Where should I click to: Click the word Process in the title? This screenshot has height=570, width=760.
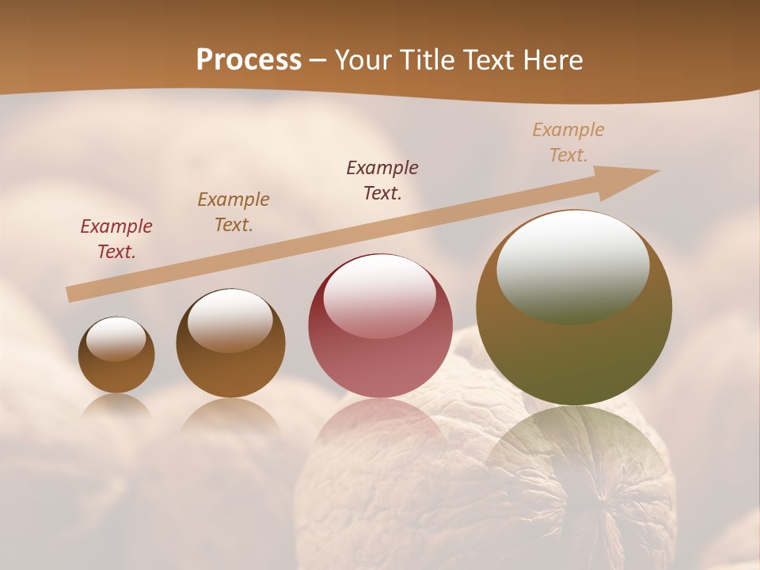point(249,60)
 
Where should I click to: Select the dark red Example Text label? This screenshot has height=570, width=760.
point(116,239)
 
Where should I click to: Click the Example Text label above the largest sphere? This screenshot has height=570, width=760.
point(568,142)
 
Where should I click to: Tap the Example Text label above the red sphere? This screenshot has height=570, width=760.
point(382,180)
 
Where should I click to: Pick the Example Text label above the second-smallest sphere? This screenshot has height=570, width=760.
point(234,212)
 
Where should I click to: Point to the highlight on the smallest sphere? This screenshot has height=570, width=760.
point(116,339)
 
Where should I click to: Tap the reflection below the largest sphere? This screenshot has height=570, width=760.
point(574,451)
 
